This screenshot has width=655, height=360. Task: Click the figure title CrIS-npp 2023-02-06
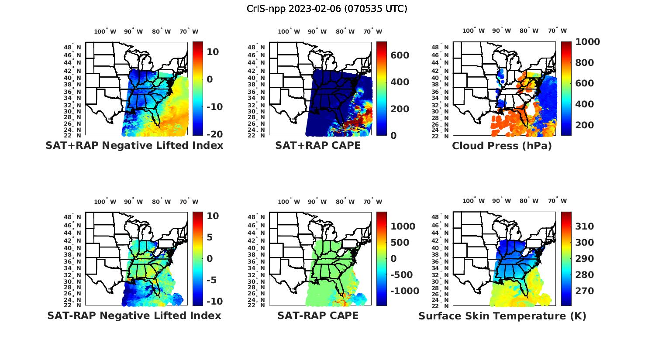point(327,8)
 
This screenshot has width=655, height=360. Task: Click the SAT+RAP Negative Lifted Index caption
point(134,145)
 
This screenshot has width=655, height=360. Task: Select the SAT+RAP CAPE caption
point(318,145)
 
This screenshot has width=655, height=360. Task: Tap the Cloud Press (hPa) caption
point(502,146)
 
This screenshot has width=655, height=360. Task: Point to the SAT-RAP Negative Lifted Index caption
point(134,315)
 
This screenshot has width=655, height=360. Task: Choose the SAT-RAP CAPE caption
point(318,315)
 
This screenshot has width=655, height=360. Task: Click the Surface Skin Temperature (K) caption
point(502,316)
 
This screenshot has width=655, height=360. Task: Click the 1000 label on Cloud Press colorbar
point(587,42)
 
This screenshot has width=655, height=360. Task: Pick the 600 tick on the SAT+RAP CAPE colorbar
point(400,55)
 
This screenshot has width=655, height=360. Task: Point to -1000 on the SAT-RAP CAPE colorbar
point(404,291)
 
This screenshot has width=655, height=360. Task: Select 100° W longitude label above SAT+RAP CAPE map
point(289,31)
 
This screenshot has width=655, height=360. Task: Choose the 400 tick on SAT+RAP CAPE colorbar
point(400,82)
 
